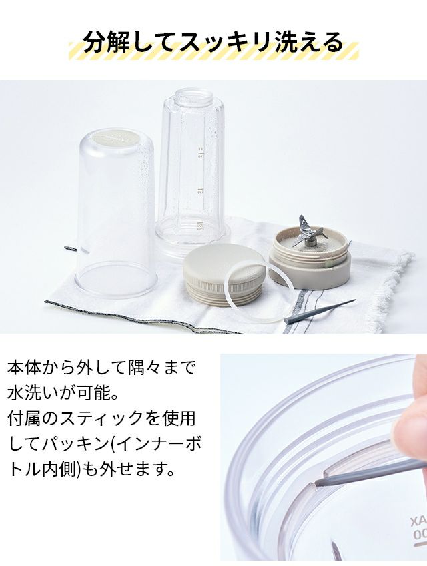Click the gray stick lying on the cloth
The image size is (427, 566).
(320, 311)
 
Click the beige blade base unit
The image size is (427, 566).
(310, 259)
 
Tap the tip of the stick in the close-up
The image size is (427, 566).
(316, 482)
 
